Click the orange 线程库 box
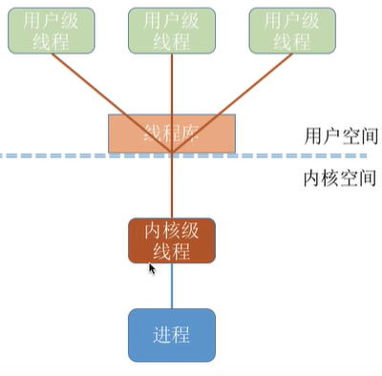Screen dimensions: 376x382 pos(171,133)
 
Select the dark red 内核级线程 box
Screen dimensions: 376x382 pos(171,240)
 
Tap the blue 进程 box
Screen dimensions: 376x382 pos(172,335)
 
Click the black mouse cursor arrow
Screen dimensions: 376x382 pos(152,270)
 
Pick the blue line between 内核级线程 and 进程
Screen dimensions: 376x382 pos(172,285)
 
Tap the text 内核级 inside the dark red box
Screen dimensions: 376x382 pos(171,231)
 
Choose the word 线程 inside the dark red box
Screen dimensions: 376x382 pos(171,251)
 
